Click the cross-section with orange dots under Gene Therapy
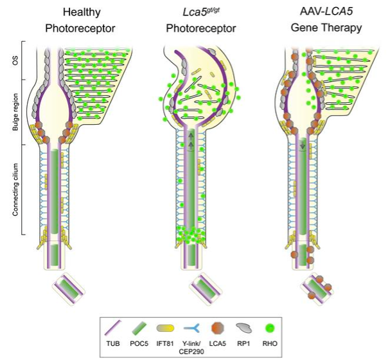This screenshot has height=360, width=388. (x=317, y=287)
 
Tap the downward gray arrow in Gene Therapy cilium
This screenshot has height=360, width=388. (x=303, y=147)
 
